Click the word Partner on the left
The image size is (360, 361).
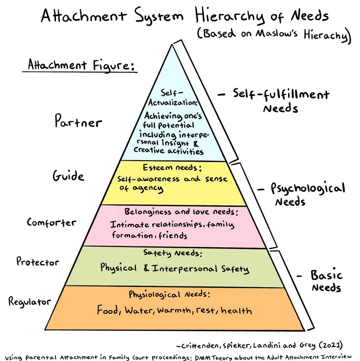point(78,122)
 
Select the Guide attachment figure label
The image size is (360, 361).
point(68,175)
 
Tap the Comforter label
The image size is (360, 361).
point(51,222)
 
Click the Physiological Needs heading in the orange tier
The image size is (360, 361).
point(169,295)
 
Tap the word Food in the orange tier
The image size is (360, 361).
point(109,310)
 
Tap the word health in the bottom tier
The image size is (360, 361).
point(236,310)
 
